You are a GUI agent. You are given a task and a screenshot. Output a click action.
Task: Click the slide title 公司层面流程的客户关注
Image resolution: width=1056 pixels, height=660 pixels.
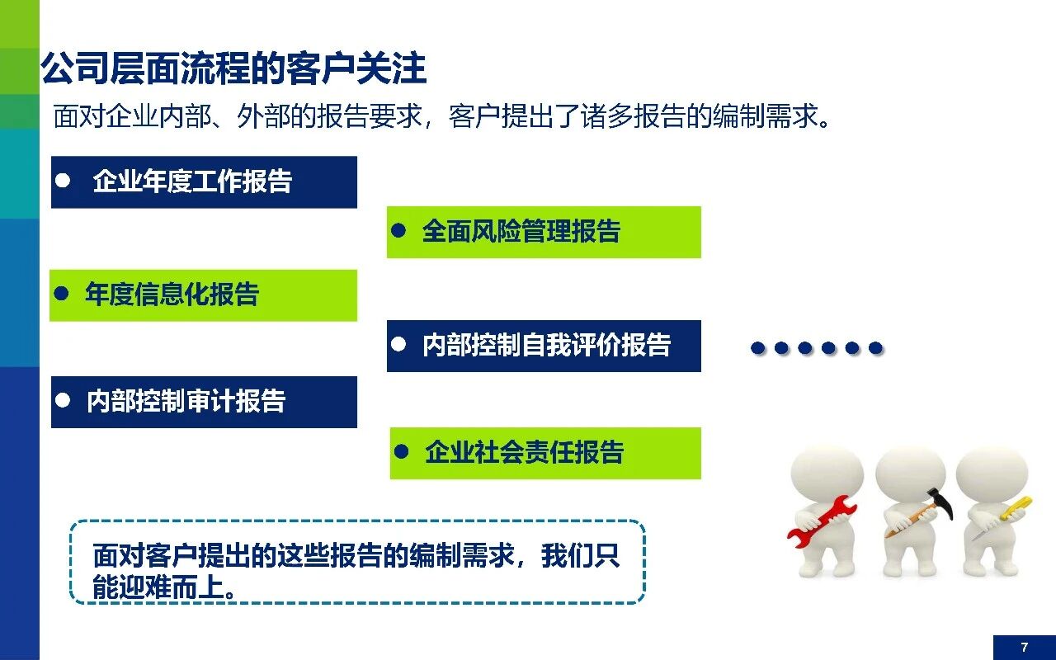(233, 68)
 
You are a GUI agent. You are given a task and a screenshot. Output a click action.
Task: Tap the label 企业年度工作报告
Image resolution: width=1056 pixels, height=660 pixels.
(192, 181)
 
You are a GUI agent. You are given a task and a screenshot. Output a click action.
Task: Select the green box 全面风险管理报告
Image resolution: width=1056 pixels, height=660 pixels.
(544, 232)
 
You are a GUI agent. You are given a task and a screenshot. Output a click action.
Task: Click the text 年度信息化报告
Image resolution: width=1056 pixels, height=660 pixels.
(172, 295)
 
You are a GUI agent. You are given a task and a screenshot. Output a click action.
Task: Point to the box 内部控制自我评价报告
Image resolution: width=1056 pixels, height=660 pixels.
(544, 346)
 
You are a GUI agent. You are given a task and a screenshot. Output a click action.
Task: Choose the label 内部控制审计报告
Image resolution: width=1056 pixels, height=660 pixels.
(186, 401)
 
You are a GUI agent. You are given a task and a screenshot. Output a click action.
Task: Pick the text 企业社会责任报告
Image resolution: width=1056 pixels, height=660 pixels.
(524, 452)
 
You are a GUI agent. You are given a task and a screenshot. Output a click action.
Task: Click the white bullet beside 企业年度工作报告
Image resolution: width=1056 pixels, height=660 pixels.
(63, 180)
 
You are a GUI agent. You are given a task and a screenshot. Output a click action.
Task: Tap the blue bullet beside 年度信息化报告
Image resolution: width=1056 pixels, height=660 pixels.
(61, 293)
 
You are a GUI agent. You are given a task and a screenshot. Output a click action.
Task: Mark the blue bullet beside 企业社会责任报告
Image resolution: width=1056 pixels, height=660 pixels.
(401, 451)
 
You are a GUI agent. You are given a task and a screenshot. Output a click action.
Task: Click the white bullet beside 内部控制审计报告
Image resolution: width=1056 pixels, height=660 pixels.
(63, 400)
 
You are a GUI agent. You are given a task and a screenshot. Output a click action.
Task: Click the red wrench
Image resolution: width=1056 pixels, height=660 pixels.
(822, 521)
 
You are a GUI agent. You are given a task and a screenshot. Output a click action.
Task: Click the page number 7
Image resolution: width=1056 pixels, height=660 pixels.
(1025, 648)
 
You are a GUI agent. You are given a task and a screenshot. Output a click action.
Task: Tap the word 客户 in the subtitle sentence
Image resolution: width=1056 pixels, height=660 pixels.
(474, 116)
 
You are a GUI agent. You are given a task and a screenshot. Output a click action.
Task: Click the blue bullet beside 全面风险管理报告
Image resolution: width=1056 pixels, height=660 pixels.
(398, 230)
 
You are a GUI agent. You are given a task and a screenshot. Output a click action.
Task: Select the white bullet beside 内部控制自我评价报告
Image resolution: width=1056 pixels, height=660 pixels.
(398, 344)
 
